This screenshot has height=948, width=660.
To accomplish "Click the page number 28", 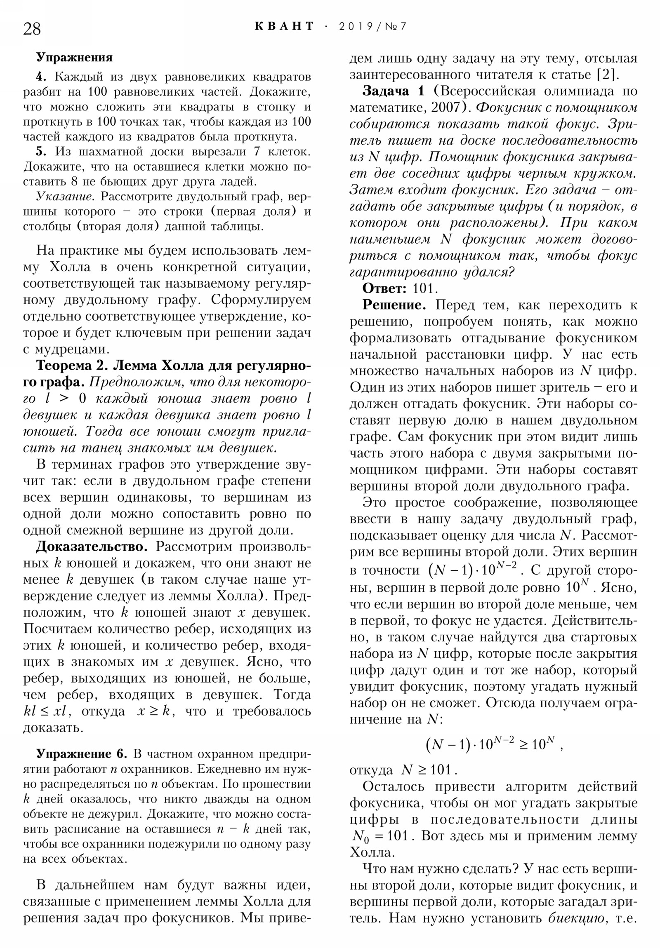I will (32, 29).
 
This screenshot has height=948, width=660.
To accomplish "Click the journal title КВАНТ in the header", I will (284, 26).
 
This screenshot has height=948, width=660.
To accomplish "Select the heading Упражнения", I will (74, 57).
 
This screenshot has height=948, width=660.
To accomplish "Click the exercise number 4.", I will (40, 77).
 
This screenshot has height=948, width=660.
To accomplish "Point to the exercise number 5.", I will (40, 152).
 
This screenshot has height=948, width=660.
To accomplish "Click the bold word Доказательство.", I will (92, 547).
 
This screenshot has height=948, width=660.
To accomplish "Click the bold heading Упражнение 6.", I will (81, 754).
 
